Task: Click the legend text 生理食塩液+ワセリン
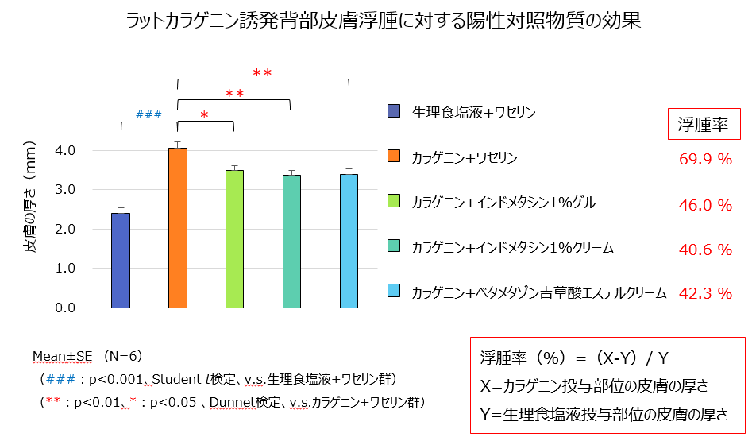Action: click(x=473, y=112)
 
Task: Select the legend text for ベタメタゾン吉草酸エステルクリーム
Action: click(x=538, y=293)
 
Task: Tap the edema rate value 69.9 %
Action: click(x=705, y=159)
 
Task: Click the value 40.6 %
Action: click(x=705, y=250)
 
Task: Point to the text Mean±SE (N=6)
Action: click(x=87, y=355)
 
